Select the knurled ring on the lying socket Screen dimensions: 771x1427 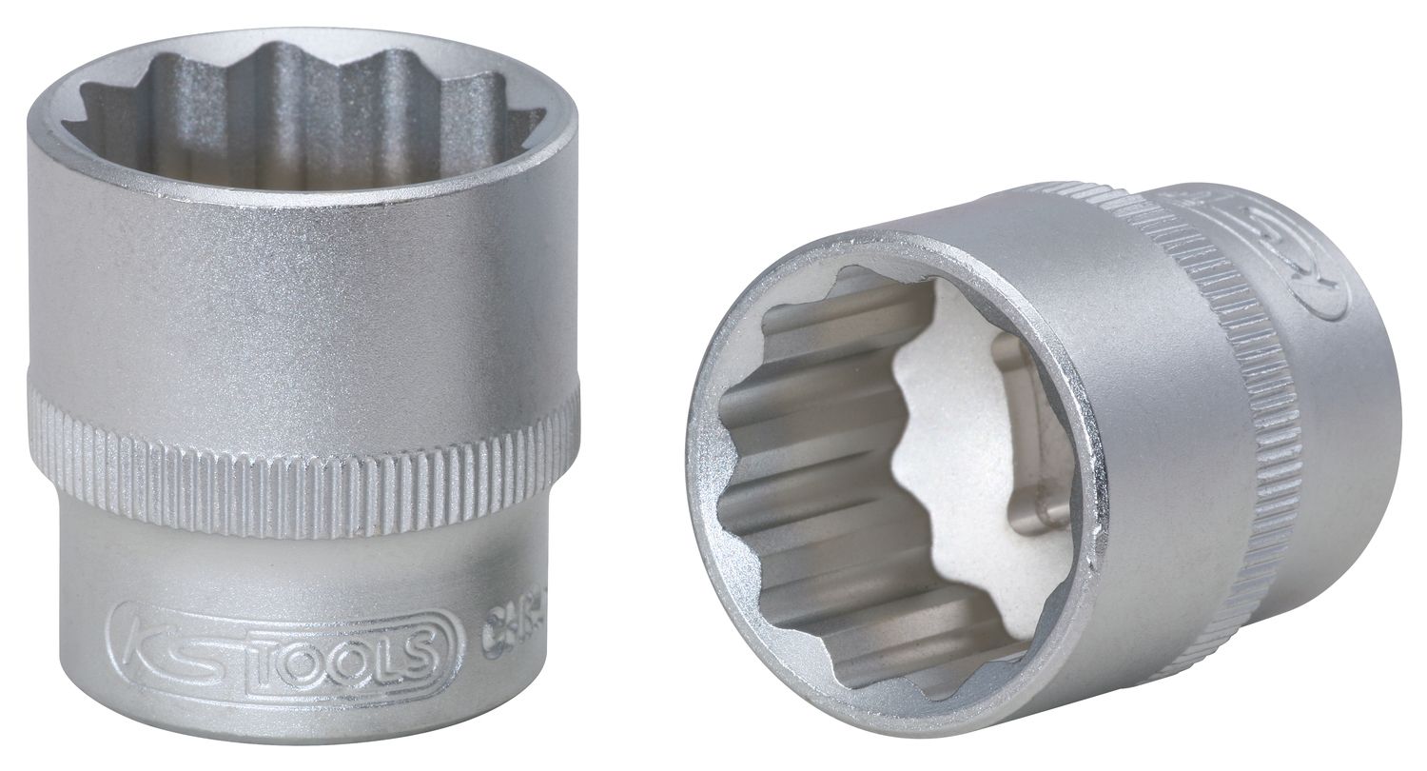tap(1237, 400)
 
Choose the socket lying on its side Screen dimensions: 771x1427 tap(1046, 457)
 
